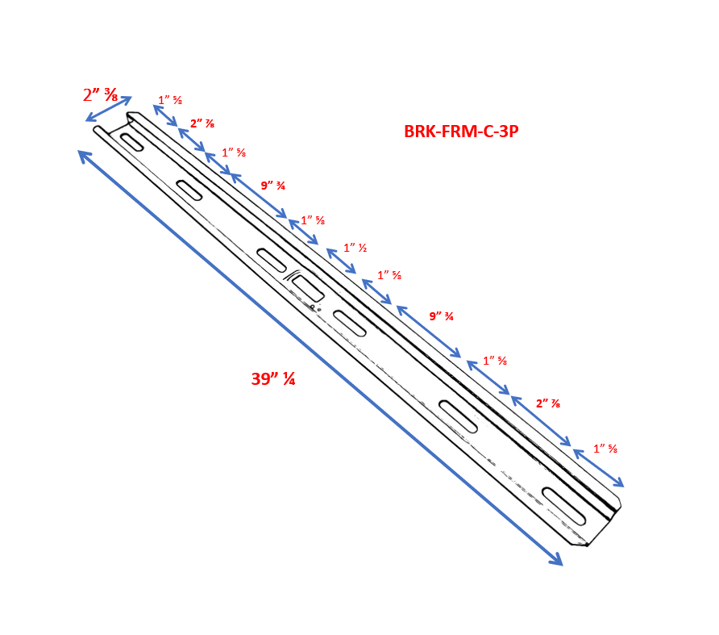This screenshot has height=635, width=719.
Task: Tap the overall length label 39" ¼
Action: [272, 378]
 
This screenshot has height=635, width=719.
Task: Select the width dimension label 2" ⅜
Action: [101, 94]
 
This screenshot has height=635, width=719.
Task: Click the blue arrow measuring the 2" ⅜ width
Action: [109, 109]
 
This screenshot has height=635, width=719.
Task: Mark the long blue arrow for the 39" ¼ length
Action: [320, 357]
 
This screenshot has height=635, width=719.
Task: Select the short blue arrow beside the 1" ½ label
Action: [341, 261]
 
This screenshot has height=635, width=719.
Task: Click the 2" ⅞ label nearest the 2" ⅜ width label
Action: [202, 123]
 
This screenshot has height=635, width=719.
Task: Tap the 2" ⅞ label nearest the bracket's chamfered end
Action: [548, 403]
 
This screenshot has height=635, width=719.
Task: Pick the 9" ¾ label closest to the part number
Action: [273, 186]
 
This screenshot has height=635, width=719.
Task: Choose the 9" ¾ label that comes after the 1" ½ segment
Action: [441, 316]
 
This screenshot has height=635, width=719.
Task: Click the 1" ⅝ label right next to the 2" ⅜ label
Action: [170, 100]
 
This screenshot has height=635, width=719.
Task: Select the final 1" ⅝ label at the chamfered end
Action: [605, 449]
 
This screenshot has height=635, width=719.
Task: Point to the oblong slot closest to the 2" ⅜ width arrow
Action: [132, 142]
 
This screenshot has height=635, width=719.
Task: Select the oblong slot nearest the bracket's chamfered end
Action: [563, 506]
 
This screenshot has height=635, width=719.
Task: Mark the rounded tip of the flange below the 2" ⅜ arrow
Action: [98, 129]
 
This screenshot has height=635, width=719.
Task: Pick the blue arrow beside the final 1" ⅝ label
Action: [598, 469]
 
